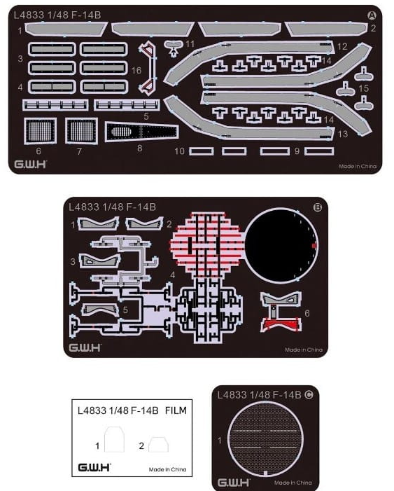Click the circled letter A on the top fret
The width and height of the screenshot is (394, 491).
[x=372, y=15]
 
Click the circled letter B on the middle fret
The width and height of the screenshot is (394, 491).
[x=317, y=207]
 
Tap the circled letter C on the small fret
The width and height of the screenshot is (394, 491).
[x=309, y=394]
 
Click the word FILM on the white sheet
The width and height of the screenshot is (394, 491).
[x=176, y=410]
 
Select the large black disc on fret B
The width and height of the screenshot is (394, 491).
[x=281, y=245]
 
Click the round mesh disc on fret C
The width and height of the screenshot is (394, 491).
[x=265, y=438]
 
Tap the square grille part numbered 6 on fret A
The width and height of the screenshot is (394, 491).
[x=40, y=131]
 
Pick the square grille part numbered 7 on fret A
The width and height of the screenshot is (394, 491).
[x=81, y=131]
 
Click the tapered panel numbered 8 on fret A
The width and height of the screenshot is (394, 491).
[x=142, y=132]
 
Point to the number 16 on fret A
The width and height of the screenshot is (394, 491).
[x=136, y=71]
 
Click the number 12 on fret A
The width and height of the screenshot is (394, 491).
[x=342, y=47]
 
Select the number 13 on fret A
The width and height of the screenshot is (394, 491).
[x=343, y=134]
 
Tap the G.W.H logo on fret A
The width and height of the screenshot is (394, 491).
[x=30, y=164]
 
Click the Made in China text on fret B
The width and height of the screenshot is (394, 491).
[x=304, y=350]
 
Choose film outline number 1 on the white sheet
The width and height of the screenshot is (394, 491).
[x=114, y=439]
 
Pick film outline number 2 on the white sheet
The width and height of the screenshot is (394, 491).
[x=158, y=445]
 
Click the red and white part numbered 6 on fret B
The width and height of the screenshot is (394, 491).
[x=281, y=311]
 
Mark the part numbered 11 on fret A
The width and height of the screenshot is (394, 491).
[x=173, y=48]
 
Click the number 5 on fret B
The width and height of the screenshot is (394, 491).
[x=125, y=310]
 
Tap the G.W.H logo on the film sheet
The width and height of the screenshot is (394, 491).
[x=94, y=467]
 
